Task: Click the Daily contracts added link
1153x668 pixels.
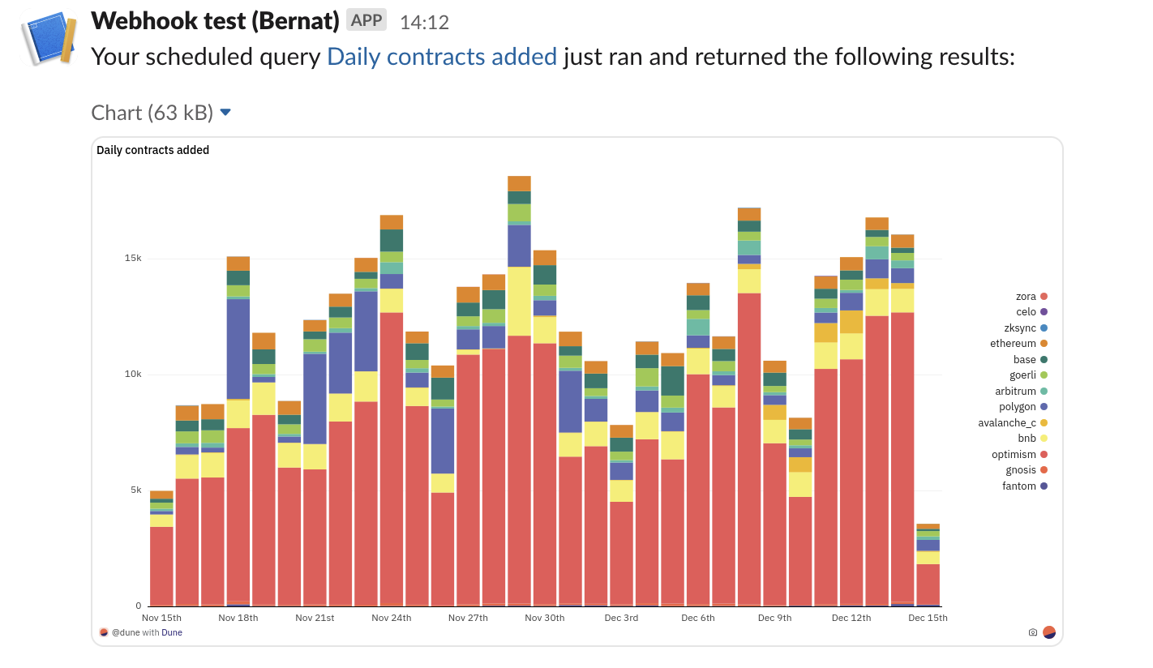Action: [442, 57]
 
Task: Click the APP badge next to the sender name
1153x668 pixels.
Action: [366, 20]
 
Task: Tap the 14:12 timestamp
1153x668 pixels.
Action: [424, 22]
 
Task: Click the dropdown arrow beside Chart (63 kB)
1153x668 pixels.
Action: [225, 112]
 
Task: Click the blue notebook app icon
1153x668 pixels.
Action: [49, 37]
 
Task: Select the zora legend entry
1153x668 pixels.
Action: [1026, 297]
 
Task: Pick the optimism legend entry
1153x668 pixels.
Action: [1014, 454]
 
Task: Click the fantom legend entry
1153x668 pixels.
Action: [1019, 486]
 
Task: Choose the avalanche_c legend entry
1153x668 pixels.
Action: [1007, 422]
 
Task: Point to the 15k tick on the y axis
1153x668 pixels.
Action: [133, 259]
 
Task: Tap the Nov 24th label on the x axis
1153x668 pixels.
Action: [392, 618]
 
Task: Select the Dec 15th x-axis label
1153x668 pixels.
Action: [928, 618]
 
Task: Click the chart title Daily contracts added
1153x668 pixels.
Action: [152, 150]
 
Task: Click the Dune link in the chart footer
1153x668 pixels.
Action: [172, 632]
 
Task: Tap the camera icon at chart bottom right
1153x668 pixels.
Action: [1032, 632]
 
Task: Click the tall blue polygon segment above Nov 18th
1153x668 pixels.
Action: [238, 349]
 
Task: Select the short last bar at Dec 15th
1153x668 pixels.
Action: [928, 567]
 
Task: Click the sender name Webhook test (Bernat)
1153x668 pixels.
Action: [215, 20]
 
